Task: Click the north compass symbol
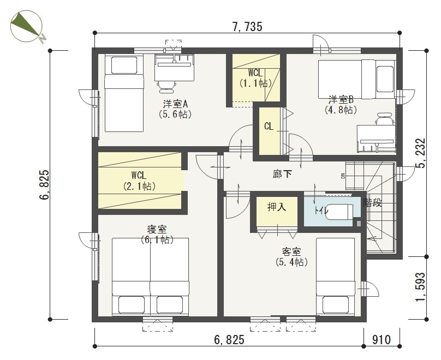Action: click(x=27, y=27)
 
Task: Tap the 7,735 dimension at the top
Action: click(x=247, y=27)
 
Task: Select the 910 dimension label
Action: click(x=382, y=340)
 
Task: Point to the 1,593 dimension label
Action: click(x=421, y=287)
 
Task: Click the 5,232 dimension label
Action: click(x=421, y=153)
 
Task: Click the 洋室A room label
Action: click(x=175, y=104)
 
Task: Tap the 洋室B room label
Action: click(x=341, y=99)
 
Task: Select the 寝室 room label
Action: click(x=157, y=229)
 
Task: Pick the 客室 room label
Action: click(x=291, y=251)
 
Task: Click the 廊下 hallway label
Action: click(x=282, y=174)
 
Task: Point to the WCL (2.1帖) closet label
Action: click(x=139, y=181)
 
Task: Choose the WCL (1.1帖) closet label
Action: click(x=255, y=78)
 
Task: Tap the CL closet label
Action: click(x=269, y=127)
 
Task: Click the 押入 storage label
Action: click(x=277, y=207)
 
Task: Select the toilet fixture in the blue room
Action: click(x=339, y=212)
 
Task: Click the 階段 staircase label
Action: click(x=372, y=202)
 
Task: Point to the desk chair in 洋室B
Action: click(x=385, y=119)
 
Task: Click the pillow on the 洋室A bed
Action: click(x=124, y=65)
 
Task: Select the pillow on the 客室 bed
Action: click(x=336, y=305)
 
